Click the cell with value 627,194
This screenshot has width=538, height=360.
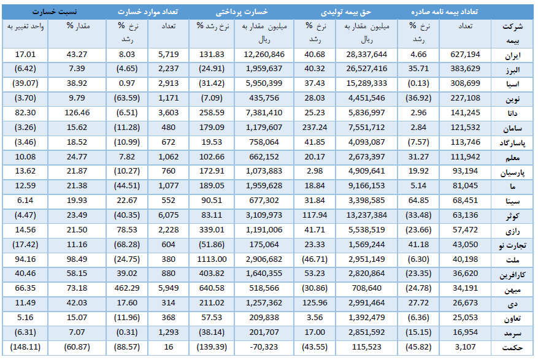coord(465,55)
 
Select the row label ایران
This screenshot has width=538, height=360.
coord(513,56)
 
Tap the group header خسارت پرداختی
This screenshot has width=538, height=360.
coord(242,12)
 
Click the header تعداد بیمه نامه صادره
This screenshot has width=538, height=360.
coord(444,12)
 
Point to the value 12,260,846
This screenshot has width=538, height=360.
coord(264,55)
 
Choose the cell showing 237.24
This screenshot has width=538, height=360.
coord(315,128)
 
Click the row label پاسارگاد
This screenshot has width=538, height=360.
coord(512,143)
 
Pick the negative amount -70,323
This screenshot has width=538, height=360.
coord(264,347)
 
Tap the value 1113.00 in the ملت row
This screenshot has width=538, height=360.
coord(212,259)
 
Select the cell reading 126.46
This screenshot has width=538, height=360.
coord(77,113)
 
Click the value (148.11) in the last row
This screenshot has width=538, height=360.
coord(25,347)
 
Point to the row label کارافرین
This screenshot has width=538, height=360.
coord(512,275)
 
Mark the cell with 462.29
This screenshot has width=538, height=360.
coord(127,288)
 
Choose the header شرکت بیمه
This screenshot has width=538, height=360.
coord(513,33)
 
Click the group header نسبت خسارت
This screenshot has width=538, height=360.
coord(55,12)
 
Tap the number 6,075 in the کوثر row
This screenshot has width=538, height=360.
coord(169,215)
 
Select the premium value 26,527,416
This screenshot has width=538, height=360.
coord(366,69)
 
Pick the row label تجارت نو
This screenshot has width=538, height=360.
coord(512,245)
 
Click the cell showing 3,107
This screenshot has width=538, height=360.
coord(465,347)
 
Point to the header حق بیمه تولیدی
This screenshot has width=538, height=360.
coord(346,12)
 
